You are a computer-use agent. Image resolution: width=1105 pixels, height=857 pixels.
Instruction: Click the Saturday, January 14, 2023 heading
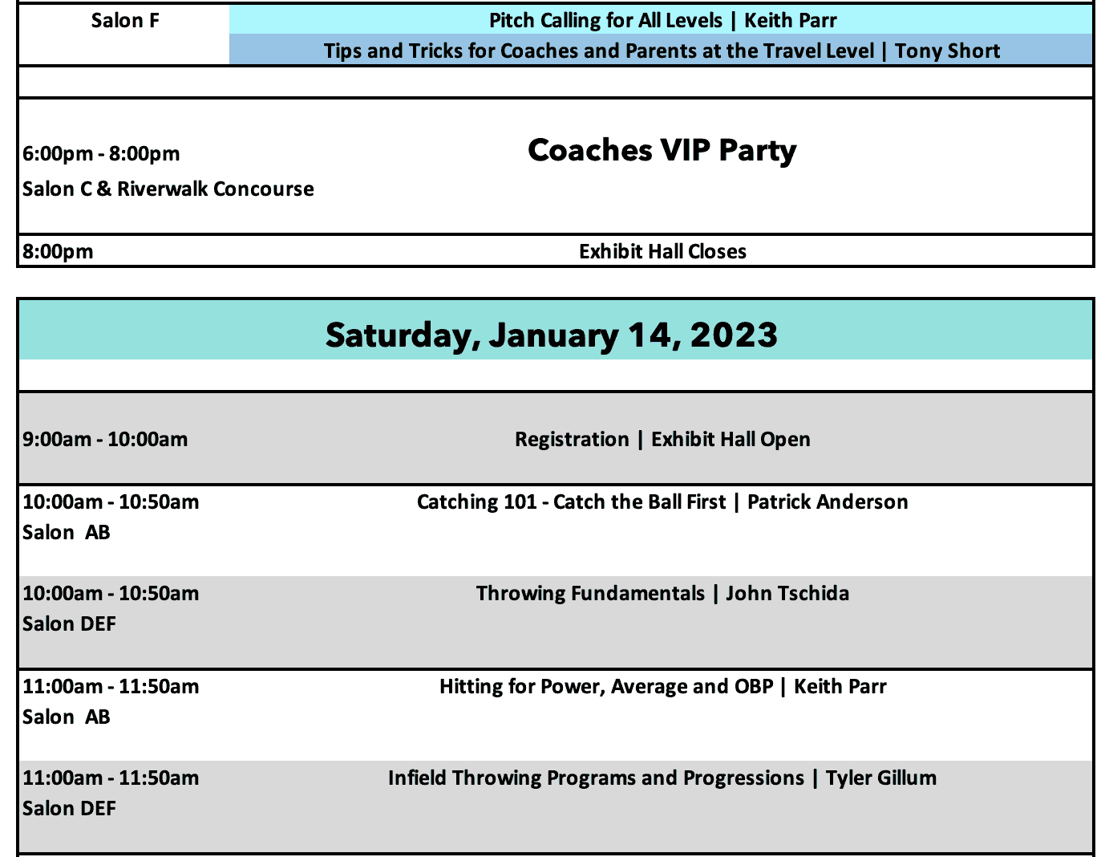click(551, 335)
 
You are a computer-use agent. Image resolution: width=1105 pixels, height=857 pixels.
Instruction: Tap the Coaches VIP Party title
click(662, 151)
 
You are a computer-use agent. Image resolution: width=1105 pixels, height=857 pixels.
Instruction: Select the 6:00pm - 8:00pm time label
click(101, 153)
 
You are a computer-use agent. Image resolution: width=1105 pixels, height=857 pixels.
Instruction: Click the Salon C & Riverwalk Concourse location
click(168, 189)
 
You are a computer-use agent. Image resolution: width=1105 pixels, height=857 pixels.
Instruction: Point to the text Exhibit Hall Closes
click(662, 251)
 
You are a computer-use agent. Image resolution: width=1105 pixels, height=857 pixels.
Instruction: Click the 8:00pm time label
click(58, 252)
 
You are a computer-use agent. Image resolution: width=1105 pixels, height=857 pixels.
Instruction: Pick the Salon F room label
click(125, 20)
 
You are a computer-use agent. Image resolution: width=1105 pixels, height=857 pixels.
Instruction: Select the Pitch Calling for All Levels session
click(605, 20)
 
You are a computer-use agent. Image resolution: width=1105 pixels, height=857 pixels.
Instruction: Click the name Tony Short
click(947, 51)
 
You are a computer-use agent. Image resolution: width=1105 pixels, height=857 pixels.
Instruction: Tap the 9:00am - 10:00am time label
click(105, 440)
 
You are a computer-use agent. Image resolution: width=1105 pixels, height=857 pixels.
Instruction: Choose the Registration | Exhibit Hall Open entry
click(662, 440)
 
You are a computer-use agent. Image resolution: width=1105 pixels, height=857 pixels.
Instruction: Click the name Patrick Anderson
click(828, 502)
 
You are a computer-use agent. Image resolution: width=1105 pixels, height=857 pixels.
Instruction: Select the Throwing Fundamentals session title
click(590, 594)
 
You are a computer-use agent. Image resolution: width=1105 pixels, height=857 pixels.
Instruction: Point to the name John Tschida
click(787, 594)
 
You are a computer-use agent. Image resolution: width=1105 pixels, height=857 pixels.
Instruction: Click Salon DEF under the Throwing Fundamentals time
click(69, 624)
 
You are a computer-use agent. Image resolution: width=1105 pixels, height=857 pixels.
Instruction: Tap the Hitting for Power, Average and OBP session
click(607, 687)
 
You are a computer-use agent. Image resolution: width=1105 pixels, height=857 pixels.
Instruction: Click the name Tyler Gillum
click(880, 778)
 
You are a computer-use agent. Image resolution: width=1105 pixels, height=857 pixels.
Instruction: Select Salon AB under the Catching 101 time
click(66, 533)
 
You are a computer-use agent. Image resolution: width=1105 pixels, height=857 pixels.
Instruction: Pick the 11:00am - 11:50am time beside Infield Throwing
click(111, 778)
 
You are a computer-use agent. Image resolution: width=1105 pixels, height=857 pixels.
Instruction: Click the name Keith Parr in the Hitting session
click(840, 687)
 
